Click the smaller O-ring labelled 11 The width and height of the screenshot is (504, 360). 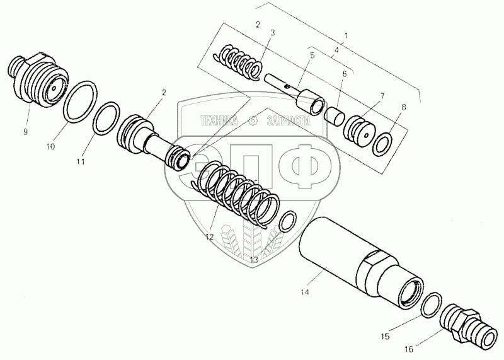click(105, 118)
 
